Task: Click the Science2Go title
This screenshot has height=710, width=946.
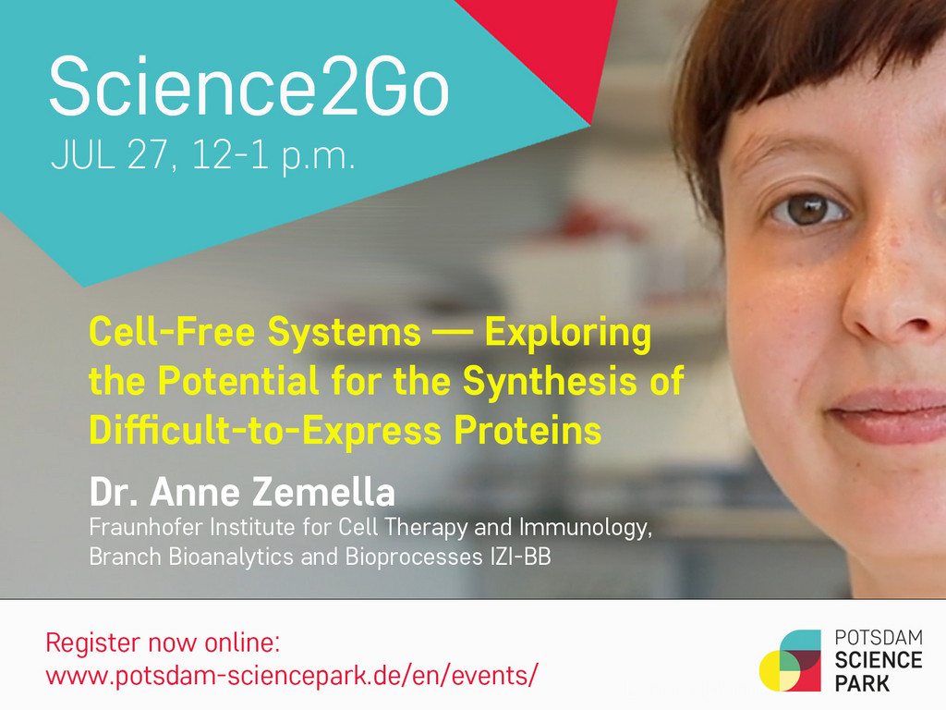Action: (249, 86)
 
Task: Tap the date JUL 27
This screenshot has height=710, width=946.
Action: (109, 155)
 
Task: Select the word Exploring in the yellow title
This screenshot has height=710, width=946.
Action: (568, 333)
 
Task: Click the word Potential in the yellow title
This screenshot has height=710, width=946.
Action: (239, 381)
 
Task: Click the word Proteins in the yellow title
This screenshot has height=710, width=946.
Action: (528, 431)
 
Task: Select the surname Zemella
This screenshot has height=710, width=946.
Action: (323, 492)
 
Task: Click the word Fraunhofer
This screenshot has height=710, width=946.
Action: (145, 527)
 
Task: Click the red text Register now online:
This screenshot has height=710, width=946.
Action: (163, 643)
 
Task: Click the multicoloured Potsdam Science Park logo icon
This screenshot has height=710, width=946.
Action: (791, 660)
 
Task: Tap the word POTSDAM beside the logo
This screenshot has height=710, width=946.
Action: (879, 638)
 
